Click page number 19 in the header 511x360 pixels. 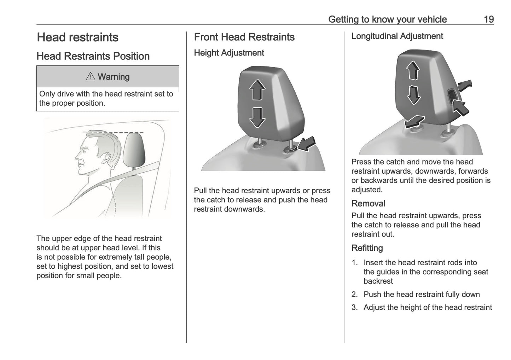488,19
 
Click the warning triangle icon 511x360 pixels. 91,76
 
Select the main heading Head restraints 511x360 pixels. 77,37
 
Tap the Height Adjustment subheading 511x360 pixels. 229,53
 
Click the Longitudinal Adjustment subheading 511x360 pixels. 397,36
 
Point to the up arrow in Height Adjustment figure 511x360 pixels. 257,90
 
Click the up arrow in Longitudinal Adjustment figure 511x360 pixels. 413,70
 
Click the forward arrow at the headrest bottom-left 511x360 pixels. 414,121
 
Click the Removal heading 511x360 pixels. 368,203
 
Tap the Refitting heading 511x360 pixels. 367,248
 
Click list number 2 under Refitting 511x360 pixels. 354,294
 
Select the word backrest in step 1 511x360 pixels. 378,281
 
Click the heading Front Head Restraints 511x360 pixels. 244,37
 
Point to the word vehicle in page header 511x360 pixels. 432,19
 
